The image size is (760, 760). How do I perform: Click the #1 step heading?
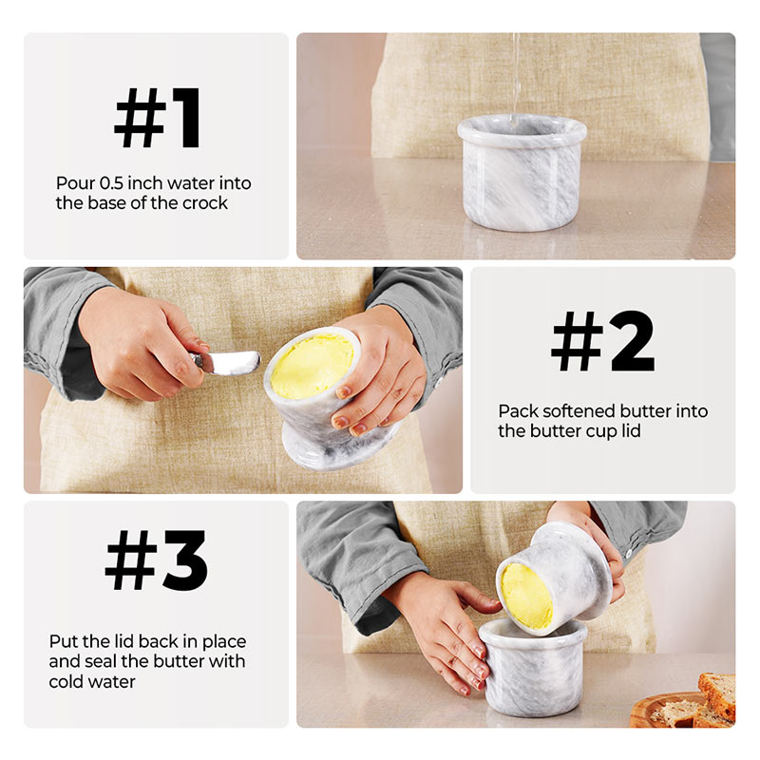coord(157,120)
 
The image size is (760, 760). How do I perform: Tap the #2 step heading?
coord(603,342)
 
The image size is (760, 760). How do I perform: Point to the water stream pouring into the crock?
coord(516,71)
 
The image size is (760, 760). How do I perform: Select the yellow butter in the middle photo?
coord(312,366)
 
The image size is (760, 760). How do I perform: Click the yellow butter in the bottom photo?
coord(525,595)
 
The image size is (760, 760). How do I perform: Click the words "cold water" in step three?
coord(91,681)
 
